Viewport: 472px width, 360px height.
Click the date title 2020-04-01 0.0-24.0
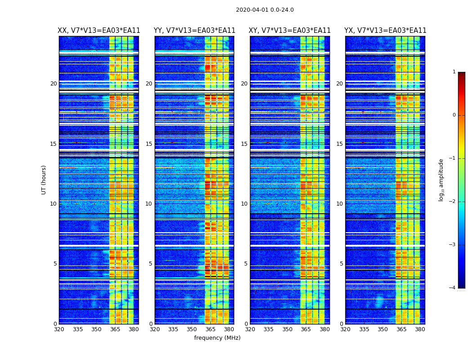[x=265, y=10]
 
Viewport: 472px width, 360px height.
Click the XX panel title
[x=99, y=31]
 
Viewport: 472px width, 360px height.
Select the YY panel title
[x=194, y=31]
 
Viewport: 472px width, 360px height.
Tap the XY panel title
[x=289, y=31]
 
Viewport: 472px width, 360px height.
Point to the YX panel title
[x=385, y=31]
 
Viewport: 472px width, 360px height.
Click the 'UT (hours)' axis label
[x=44, y=180]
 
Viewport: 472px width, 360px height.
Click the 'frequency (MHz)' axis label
[x=217, y=338]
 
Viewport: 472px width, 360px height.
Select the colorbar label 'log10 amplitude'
[x=441, y=180]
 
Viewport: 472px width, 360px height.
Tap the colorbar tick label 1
[x=454, y=72]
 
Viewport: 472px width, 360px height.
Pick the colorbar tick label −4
[x=453, y=288]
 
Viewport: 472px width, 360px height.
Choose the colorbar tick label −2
[x=453, y=202]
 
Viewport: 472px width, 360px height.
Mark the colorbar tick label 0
[x=454, y=115]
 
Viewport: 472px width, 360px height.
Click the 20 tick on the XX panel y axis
[x=53, y=84]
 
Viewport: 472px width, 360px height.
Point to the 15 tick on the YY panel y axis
[x=149, y=144]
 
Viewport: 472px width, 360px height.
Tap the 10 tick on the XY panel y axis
[x=244, y=204]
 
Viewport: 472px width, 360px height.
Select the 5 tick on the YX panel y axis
[x=341, y=264]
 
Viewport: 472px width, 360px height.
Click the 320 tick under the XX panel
[x=59, y=329]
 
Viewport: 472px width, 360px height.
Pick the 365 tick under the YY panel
[x=210, y=329]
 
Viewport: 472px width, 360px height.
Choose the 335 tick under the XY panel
[x=268, y=329]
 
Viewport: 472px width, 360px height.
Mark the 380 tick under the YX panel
[x=420, y=329]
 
